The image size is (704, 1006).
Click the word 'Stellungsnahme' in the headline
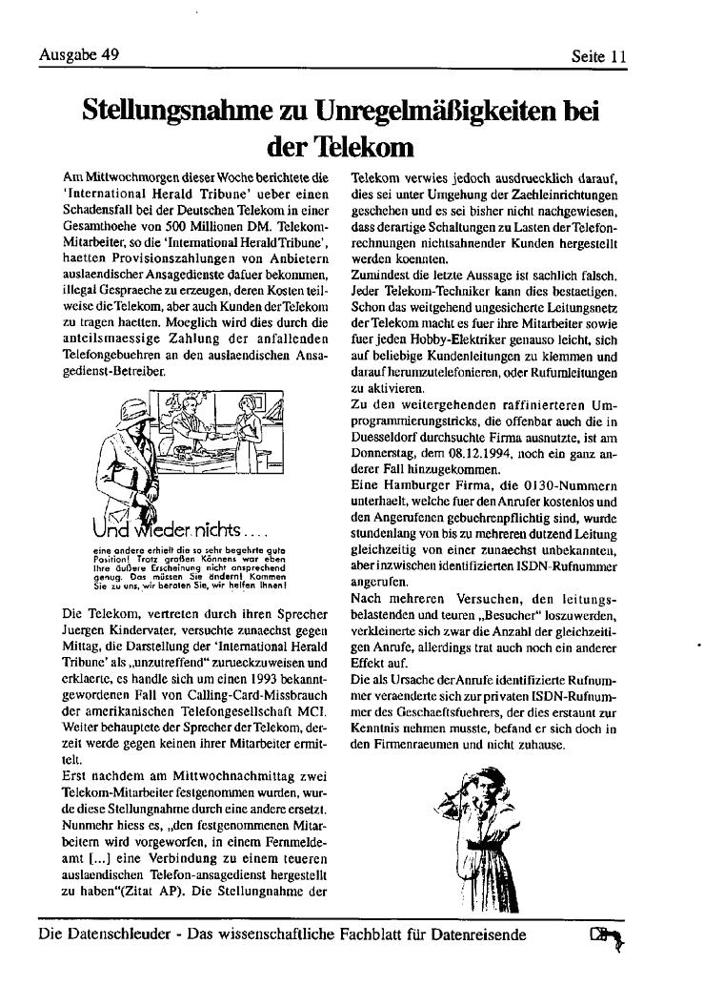point(186,111)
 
